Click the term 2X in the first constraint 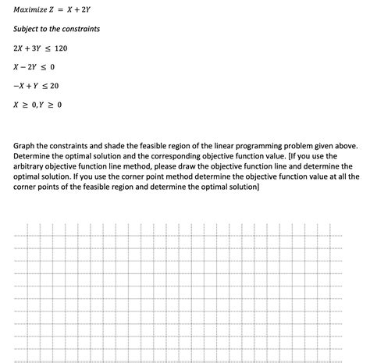click(20, 48)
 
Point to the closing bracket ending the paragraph click(258, 187)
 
